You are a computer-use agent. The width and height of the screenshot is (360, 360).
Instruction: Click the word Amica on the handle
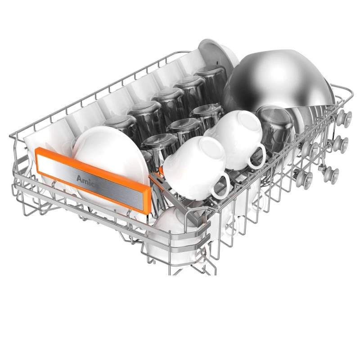coord(87,180)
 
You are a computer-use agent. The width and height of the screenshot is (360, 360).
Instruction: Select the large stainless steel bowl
coord(278,81)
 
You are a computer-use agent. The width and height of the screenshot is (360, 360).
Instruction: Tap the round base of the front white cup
coord(211,149)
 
